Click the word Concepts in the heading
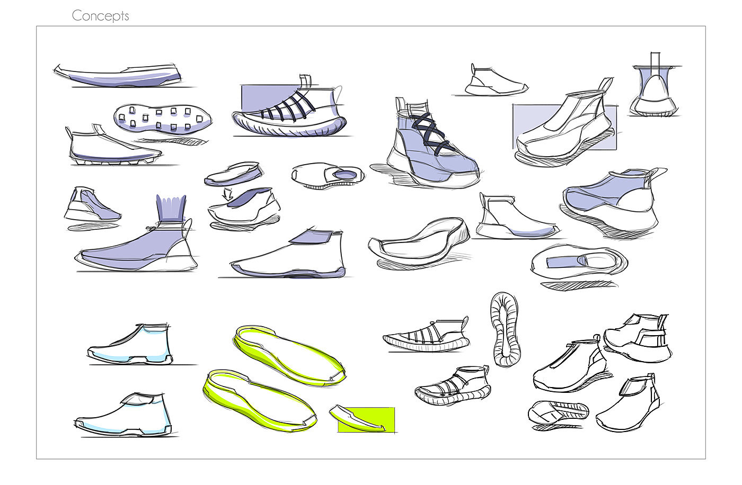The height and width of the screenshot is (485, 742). pos(100,16)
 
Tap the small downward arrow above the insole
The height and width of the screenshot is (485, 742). pos(228,194)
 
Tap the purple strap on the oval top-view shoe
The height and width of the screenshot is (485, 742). pos(564,262)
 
